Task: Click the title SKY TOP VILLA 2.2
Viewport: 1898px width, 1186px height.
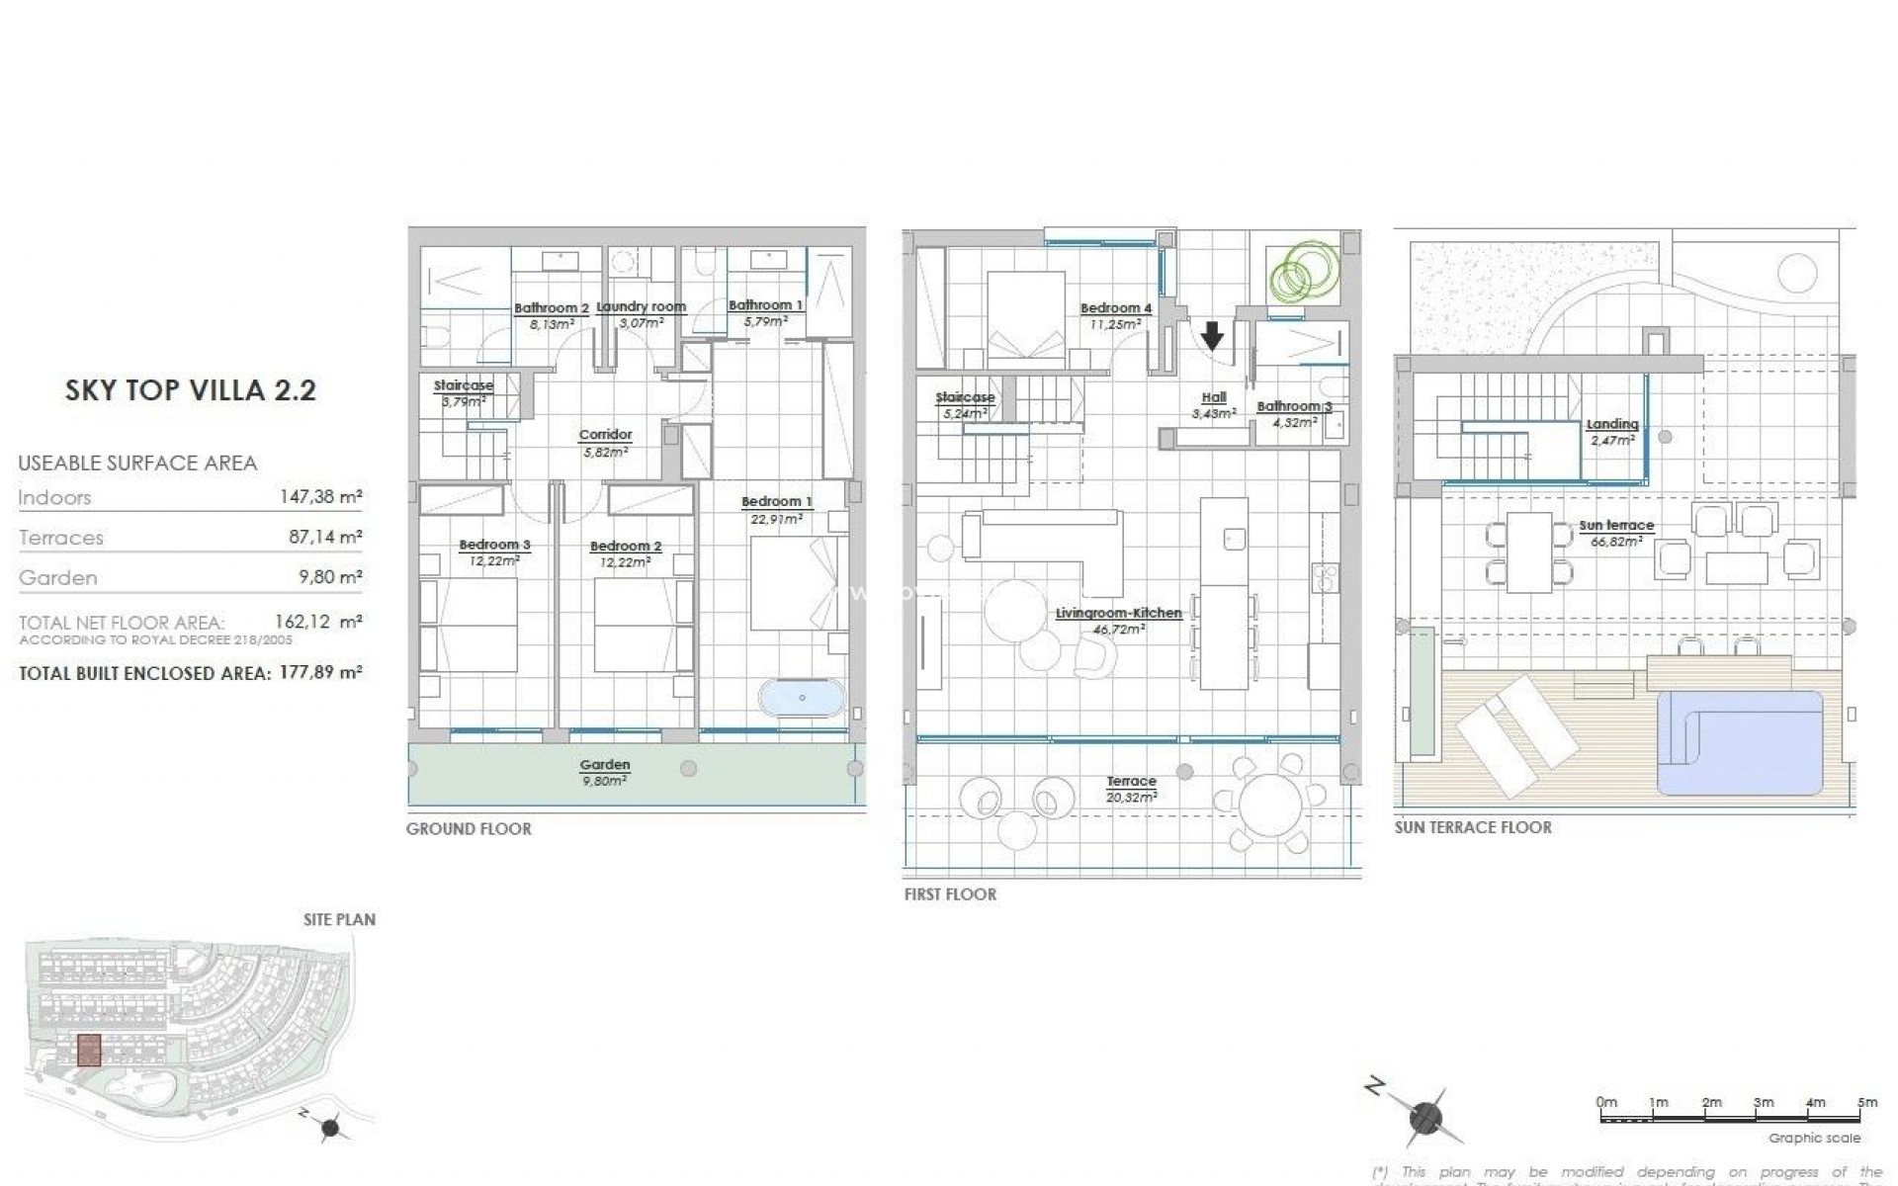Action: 191,390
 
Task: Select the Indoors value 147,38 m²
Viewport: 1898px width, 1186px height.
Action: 320,497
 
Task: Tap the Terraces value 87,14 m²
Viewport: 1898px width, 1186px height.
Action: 322,538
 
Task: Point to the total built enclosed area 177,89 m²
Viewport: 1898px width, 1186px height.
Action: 318,673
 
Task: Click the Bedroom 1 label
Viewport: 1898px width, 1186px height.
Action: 777,502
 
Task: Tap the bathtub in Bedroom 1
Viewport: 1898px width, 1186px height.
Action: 802,698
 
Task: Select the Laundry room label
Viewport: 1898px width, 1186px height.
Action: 642,307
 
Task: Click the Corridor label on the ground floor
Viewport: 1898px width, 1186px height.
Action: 605,435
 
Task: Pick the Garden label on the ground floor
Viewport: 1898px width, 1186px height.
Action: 605,765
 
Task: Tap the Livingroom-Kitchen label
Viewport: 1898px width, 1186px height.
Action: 1118,614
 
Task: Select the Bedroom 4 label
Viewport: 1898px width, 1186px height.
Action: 1116,309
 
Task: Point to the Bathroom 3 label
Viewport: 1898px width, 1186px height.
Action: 1294,406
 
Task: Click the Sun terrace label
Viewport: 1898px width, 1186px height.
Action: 1616,526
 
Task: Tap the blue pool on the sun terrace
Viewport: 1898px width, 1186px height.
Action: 1740,741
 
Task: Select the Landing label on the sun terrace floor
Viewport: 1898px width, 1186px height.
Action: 1612,425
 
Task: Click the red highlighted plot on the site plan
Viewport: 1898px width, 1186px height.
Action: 89,1050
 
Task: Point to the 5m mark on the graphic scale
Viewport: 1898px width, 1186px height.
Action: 1866,1102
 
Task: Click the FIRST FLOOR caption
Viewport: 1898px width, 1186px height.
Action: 950,894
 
